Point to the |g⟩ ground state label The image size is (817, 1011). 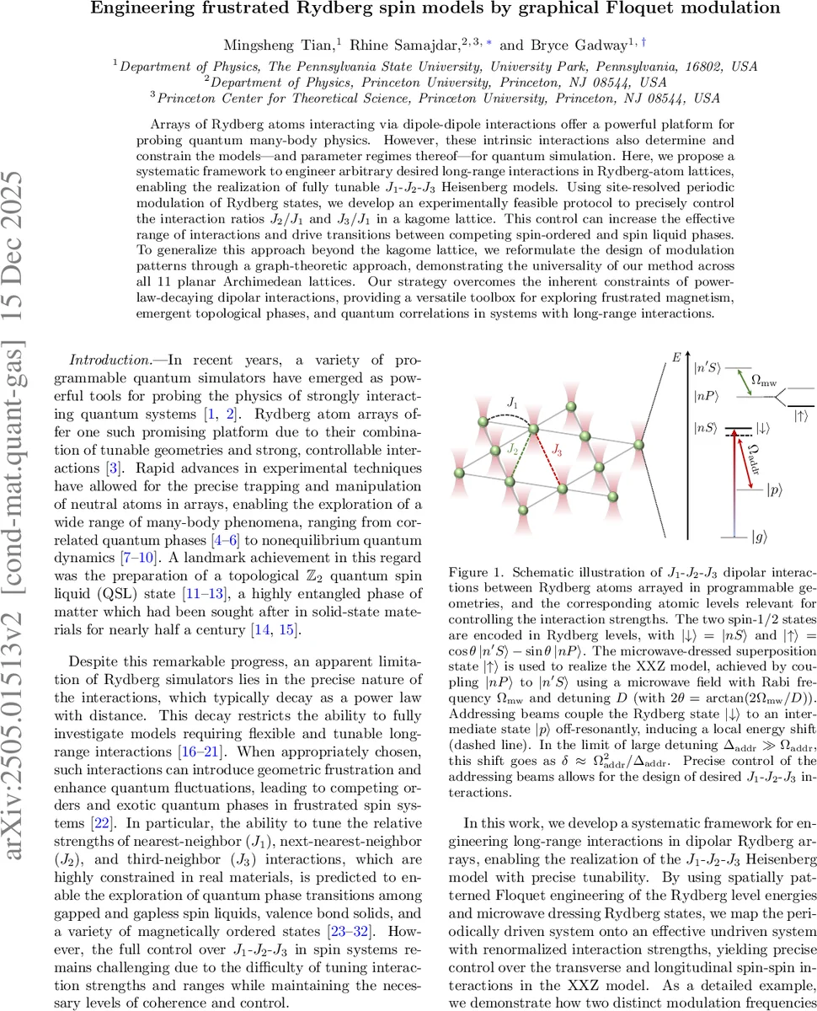point(761,535)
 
